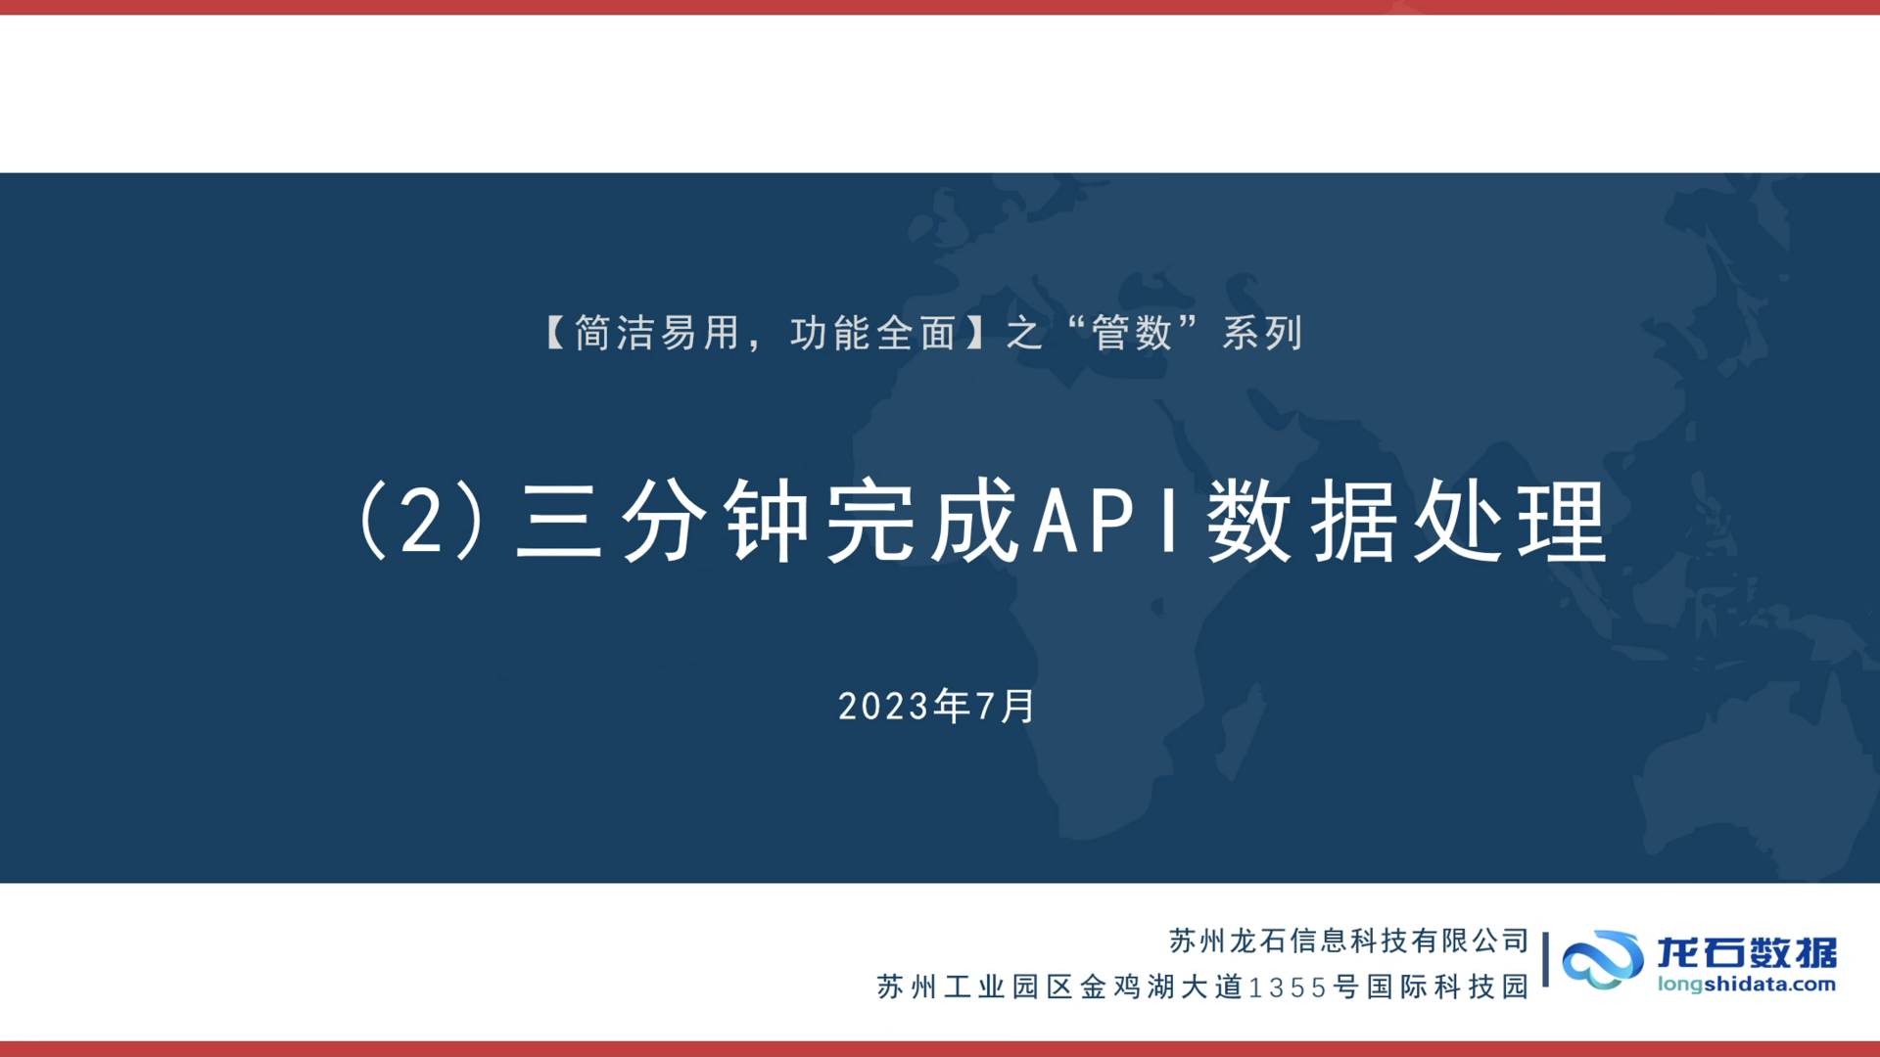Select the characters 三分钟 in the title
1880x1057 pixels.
[664, 522]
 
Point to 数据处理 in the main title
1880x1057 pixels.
[1406, 522]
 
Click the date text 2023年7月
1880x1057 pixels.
[937, 706]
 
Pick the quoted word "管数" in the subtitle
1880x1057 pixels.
[1132, 334]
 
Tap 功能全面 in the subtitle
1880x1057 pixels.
[873, 334]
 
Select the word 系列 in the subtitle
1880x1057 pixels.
[1262, 334]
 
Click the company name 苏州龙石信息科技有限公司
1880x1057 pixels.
[1348, 941]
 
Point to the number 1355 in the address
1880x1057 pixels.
[1288, 988]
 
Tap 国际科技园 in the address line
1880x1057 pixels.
[1448, 987]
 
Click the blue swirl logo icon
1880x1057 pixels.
[1602, 959]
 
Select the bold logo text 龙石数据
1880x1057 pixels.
[1747, 951]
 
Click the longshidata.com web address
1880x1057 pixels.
[1747, 985]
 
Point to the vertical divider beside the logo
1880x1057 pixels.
[1545, 959]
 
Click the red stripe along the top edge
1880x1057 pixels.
[940, 7]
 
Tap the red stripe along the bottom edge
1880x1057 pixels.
[940, 1049]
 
